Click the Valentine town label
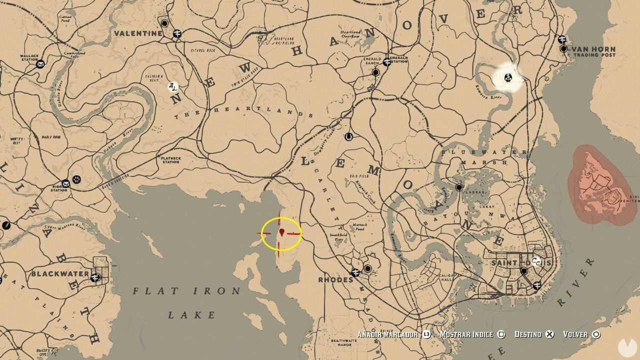pyautogui.click(x=137, y=33)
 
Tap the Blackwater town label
pyautogui.click(x=59, y=274)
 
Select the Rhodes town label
pyautogui.click(x=335, y=279)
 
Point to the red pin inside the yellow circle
pyautogui.click(x=282, y=232)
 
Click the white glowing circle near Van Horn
pyautogui.click(x=508, y=77)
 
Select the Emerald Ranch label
pyautogui.click(x=371, y=60)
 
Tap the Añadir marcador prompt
pyautogui.click(x=387, y=334)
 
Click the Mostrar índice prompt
pyautogui.click(x=466, y=334)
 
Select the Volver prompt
pyautogui.click(x=575, y=334)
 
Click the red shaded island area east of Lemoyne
pyautogui.click(x=600, y=185)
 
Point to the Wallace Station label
pyautogui.click(x=28, y=57)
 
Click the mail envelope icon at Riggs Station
pyautogui.click(x=65, y=183)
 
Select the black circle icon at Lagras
pyautogui.click(x=459, y=187)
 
